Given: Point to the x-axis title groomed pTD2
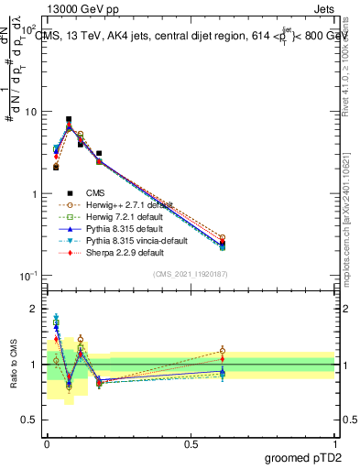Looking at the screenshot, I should (x=310, y=455).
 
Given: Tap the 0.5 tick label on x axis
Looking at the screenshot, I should (x=190, y=443).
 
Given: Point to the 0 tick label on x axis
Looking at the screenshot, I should (x=47, y=443).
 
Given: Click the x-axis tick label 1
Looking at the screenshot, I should (x=334, y=443).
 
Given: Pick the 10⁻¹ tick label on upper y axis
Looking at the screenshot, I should (x=29, y=276).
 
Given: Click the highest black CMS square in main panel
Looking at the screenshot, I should (x=69, y=119).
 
